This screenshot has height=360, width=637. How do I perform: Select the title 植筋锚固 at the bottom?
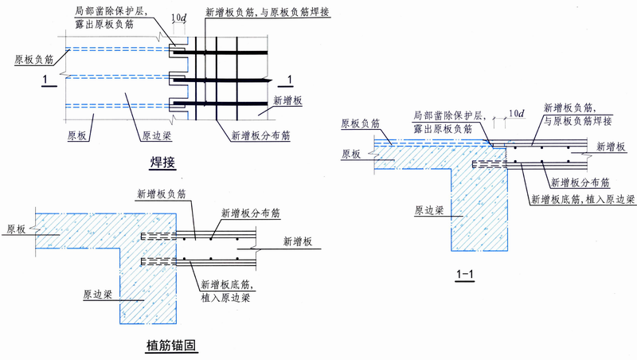coord(170,345)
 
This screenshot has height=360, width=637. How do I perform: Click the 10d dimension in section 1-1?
coord(515,114)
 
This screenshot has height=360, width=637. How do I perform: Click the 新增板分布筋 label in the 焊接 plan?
coord(260,135)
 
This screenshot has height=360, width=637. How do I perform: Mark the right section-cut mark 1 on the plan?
coord(289,77)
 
